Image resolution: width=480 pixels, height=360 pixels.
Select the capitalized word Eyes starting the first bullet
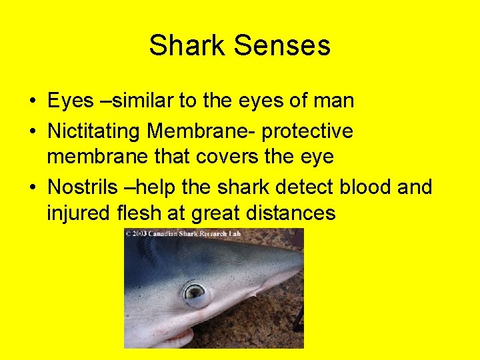pyautogui.click(x=70, y=101)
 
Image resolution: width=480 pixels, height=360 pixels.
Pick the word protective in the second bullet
pyautogui.click(x=307, y=131)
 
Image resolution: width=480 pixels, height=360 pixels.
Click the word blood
pyautogui.click(x=369, y=187)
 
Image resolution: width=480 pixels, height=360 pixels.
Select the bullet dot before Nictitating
pyautogui.click(x=32, y=131)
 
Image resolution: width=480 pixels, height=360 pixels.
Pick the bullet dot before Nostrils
pyautogui.click(x=32, y=187)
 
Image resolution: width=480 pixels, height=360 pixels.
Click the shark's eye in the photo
pyautogui.click(x=195, y=291)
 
